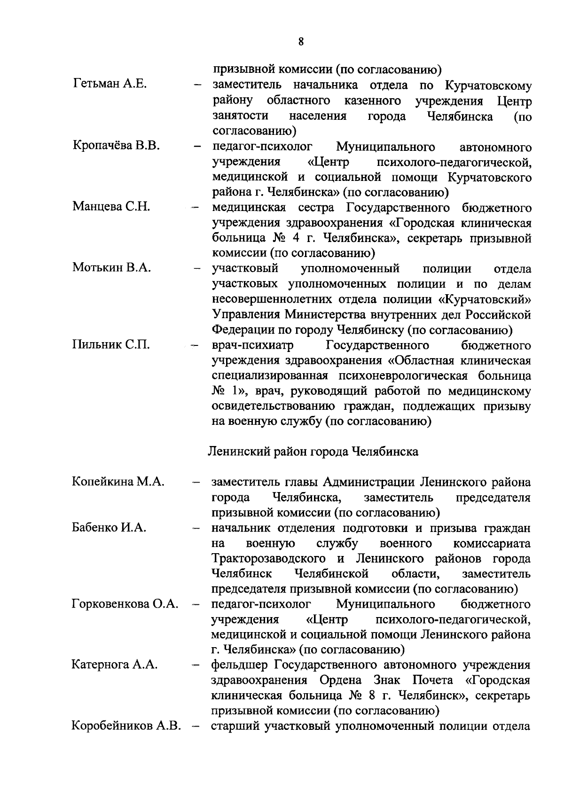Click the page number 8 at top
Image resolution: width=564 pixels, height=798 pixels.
pos(301,42)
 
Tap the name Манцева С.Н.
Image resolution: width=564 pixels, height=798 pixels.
pos(111,207)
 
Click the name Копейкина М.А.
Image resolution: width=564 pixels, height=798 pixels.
pos(118,482)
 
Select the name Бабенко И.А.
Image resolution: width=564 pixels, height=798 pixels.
pos(109,527)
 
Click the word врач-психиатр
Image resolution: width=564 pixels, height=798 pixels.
pos(253,346)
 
